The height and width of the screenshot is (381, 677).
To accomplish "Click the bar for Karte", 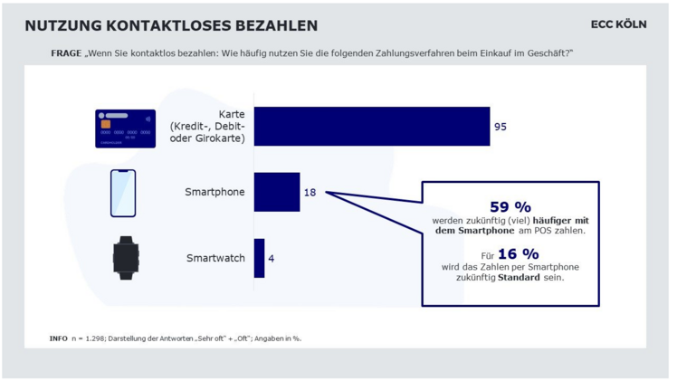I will [372, 127].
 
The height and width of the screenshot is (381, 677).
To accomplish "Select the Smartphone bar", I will [277, 192].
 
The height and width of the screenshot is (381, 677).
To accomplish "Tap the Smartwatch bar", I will [260, 258].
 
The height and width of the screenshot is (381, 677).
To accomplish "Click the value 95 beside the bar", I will [501, 128].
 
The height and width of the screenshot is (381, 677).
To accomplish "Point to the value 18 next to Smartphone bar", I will [310, 193].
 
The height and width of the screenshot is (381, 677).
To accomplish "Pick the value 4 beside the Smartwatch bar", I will [272, 259].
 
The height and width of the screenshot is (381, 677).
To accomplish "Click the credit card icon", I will [125, 129].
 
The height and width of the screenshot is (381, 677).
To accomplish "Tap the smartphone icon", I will [123, 193].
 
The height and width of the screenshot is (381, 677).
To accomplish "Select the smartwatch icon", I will [126, 258].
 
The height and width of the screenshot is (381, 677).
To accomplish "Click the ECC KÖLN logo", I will [618, 24].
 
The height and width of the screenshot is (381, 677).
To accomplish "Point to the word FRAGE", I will [65, 53].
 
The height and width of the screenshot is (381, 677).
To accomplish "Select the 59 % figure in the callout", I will [510, 208].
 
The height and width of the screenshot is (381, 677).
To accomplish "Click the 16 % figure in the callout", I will [518, 254].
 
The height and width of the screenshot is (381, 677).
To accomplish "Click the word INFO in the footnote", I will [58, 338].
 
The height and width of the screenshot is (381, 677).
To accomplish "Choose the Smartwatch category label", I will [215, 259].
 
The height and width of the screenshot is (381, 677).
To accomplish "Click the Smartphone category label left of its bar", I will [215, 193].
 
